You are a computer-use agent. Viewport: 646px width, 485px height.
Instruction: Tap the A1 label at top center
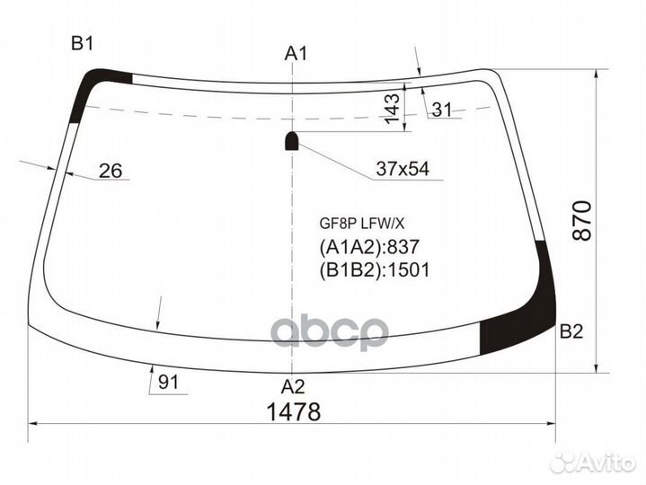[296, 54]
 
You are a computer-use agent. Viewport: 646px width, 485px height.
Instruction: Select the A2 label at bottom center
[293, 387]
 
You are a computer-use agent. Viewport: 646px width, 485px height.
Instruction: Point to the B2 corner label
[571, 332]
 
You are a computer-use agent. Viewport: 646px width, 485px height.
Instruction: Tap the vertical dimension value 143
[391, 108]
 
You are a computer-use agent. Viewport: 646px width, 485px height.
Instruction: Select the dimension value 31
[441, 110]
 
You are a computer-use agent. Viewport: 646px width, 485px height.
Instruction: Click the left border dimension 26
[111, 171]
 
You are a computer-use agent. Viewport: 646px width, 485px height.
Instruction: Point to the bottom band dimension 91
[169, 383]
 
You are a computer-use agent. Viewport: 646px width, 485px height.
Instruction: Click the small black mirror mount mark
[292, 140]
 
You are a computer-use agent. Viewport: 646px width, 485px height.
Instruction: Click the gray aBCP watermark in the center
[330, 331]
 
